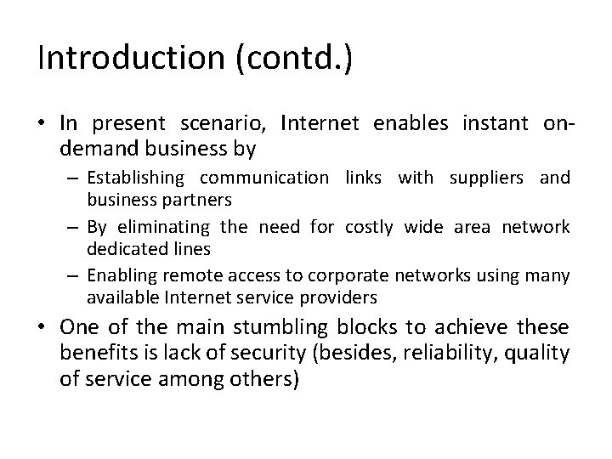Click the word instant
[496, 123]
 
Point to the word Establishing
[135, 178]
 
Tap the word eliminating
[161, 226]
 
